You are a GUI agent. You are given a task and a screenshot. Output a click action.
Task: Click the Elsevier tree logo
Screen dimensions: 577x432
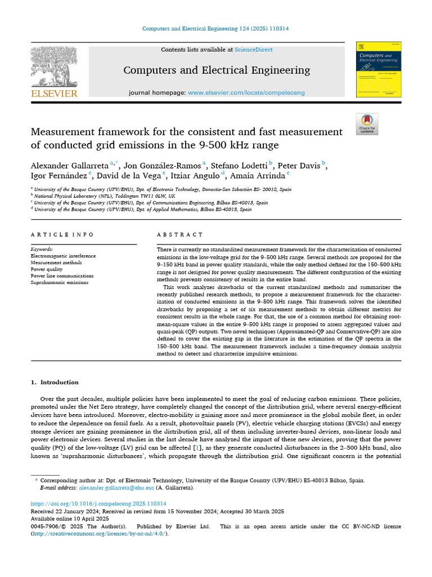[x=54, y=68]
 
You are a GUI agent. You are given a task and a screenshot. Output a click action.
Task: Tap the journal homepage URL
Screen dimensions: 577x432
[x=246, y=92]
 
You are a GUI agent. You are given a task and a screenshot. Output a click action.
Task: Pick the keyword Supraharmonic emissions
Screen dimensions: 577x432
[x=59, y=283]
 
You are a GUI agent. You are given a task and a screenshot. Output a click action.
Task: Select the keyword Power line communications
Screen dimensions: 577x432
[x=62, y=276]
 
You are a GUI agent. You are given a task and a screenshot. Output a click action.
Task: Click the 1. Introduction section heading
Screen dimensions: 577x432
[x=55, y=383]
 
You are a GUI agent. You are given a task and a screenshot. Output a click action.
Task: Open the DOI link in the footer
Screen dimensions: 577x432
[x=98, y=503]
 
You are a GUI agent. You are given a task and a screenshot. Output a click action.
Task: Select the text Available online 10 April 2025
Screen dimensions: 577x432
[x=69, y=518]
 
